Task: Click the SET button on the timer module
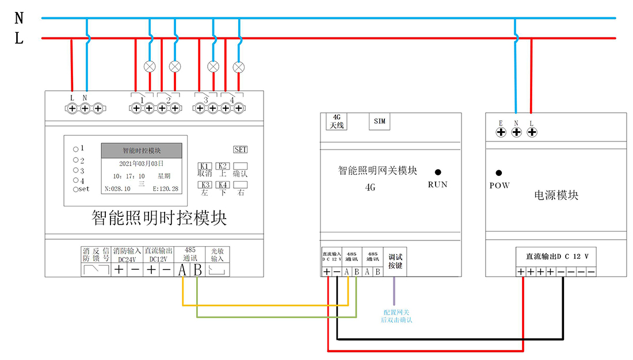[241, 150]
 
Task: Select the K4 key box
[223, 185]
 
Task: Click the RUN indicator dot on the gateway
[438, 172]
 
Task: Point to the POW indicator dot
[499, 173]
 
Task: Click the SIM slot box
[380, 121]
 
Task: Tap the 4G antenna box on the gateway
[337, 121]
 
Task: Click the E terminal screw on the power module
[501, 132]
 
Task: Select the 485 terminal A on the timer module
[182, 269]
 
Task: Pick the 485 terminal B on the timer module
[197, 269]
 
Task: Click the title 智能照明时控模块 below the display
[159, 218]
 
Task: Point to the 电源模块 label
[556, 196]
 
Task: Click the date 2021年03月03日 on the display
[141, 164]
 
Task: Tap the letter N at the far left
[19, 18]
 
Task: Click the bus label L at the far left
[19, 39]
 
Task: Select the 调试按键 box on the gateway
[395, 262]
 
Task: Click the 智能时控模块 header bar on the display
[142, 151]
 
